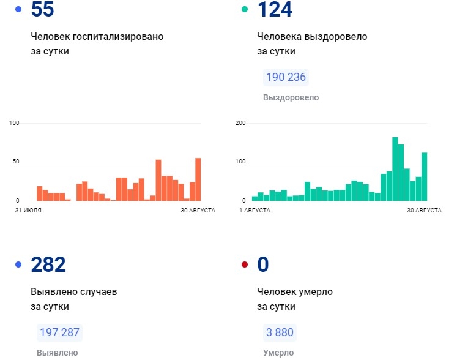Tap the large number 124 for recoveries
[x=275, y=10]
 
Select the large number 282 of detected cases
[x=48, y=265]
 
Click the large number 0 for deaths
[x=263, y=265]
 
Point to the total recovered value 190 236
[x=286, y=78]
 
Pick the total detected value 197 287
[x=59, y=332]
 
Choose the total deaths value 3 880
[x=280, y=332]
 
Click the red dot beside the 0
[x=245, y=264]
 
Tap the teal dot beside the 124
[x=245, y=9]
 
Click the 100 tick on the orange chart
[x=15, y=123]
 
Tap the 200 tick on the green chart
[x=240, y=123]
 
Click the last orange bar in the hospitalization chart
[x=198, y=179]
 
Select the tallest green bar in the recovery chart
[x=395, y=169]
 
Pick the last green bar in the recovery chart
[x=424, y=176]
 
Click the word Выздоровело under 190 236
[x=291, y=98]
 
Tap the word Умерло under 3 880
[x=278, y=353]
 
